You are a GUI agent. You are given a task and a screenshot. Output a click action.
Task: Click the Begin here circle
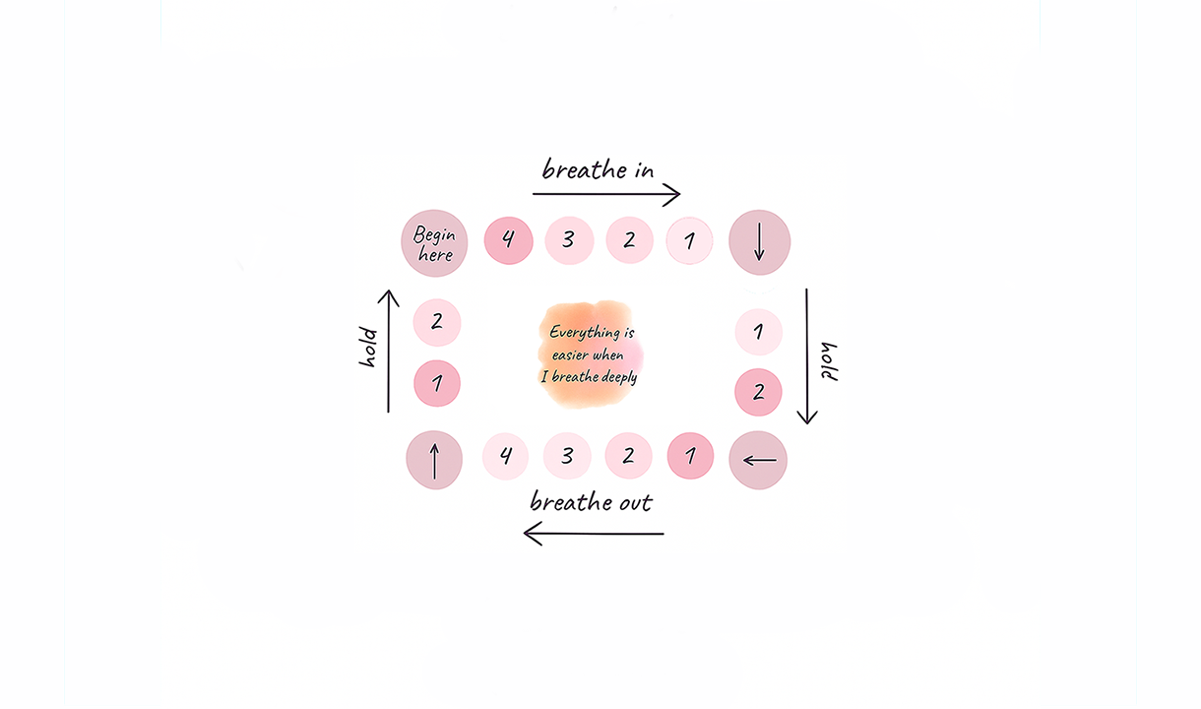click(x=433, y=243)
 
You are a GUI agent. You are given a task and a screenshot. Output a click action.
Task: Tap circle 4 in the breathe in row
click(x=508, y=240)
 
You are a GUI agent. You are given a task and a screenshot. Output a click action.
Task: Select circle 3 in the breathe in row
click(x=569, y=240)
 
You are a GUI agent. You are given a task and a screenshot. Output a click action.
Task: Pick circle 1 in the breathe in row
click(x=689, y=240)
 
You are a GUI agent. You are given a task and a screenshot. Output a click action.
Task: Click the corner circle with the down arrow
click(x=759, y=242)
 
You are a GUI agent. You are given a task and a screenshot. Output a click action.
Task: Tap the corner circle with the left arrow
click(x=758, y=460)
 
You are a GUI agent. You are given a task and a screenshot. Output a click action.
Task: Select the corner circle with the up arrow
click(x=434, y=460)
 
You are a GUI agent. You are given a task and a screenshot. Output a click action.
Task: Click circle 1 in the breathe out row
click(x=690, y=457)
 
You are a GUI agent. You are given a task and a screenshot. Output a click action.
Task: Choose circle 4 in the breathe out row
click(x=506, y=457)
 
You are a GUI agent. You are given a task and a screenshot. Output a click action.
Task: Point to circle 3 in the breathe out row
click(x=567, y=457)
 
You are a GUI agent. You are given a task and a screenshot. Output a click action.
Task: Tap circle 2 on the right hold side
click(x=758, y=393)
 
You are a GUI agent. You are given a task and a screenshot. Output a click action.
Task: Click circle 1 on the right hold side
click(x=758, y=332)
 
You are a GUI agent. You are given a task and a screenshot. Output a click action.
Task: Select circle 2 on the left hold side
click(x=437, y=322)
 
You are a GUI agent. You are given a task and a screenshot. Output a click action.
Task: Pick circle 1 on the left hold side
click(x=437, y=383)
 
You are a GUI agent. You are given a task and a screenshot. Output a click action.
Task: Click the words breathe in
click(x=598, y=169)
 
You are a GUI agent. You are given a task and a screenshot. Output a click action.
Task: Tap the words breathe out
click(x=591, y=501)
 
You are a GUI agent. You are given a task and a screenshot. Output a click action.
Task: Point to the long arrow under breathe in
click(x=606, y=195)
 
